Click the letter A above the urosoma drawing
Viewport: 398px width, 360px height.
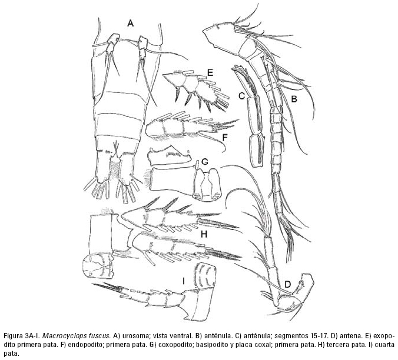pyautogui.click(x=131, y=23)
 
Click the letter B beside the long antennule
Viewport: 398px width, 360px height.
pyautogui.click(x=293, y=100)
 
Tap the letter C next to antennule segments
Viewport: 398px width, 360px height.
pyautogui.click(x=241, y=96)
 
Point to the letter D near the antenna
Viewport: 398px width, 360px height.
pyautogui.click(x=288, y=285)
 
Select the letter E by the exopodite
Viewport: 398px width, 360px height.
pyautogui.click(x=208, y=72)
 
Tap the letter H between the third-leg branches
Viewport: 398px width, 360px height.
pyautogui.click(x=204, y=234)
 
